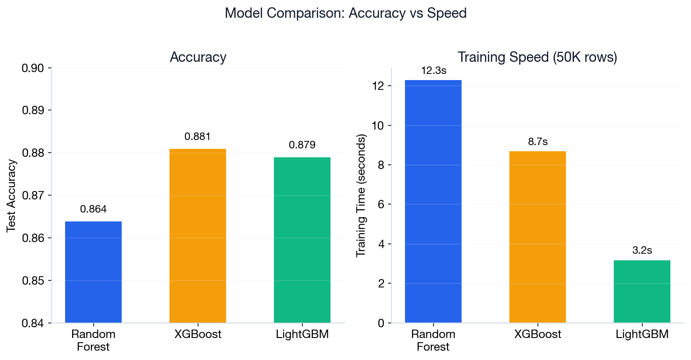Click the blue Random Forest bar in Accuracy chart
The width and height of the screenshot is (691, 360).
(93, 272)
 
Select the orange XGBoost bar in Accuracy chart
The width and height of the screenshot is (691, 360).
(198, 236)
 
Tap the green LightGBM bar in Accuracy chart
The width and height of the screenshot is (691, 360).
(302, 240)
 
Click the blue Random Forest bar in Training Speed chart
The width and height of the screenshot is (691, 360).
(433, 201)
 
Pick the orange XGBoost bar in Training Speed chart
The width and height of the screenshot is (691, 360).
(537, 237)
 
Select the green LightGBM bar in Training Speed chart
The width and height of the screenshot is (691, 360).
(642, 291)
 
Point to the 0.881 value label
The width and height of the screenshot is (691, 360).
(198, 137)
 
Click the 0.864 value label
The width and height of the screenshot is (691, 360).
(93, 209)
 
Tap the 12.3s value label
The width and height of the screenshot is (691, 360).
(433, 71)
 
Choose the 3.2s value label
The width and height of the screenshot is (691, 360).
(642, 250)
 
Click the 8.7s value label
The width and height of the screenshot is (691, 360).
(537, 142)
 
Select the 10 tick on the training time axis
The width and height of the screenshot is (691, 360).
(379, 125)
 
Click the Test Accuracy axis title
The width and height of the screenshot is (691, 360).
(12, 196)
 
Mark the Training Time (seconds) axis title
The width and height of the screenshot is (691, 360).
(361, 196)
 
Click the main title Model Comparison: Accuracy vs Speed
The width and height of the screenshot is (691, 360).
(345, 13)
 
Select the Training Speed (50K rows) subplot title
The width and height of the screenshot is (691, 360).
(537, 57)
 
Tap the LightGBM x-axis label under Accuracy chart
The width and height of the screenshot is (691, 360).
(302, 334)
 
